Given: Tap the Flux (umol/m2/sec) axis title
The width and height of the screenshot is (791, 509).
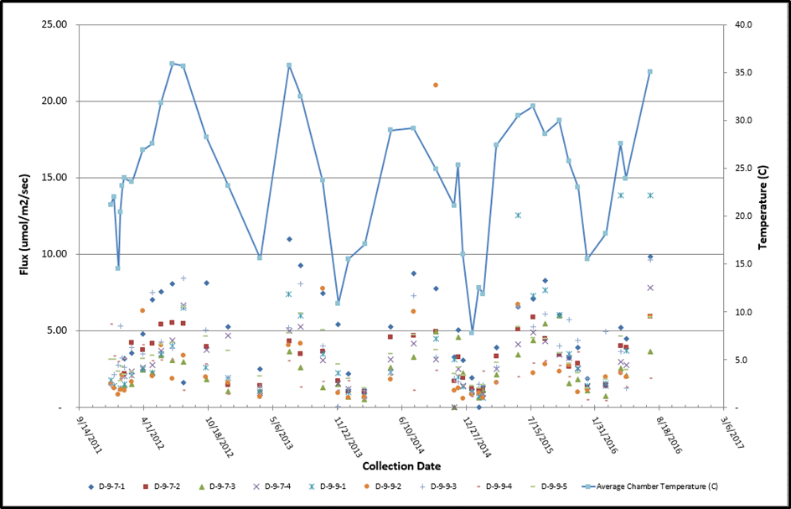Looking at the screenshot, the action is [24, 217].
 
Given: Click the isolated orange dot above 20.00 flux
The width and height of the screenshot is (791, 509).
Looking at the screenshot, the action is [436, 85].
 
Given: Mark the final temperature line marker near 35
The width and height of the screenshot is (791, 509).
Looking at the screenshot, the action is [649, 72].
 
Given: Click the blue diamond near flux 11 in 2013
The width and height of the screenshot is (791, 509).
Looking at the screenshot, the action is [290, 239].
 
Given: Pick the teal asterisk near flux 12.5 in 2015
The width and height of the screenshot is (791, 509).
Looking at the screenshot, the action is [518, 216].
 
